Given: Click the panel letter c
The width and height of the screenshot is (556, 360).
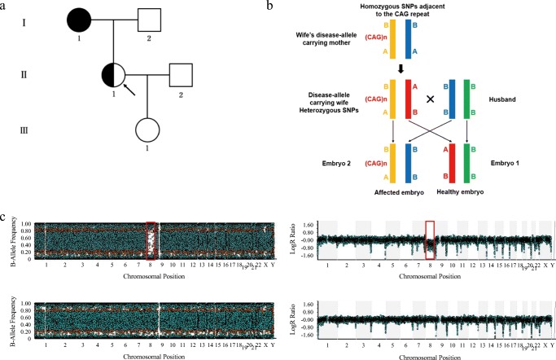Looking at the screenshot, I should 7,219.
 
